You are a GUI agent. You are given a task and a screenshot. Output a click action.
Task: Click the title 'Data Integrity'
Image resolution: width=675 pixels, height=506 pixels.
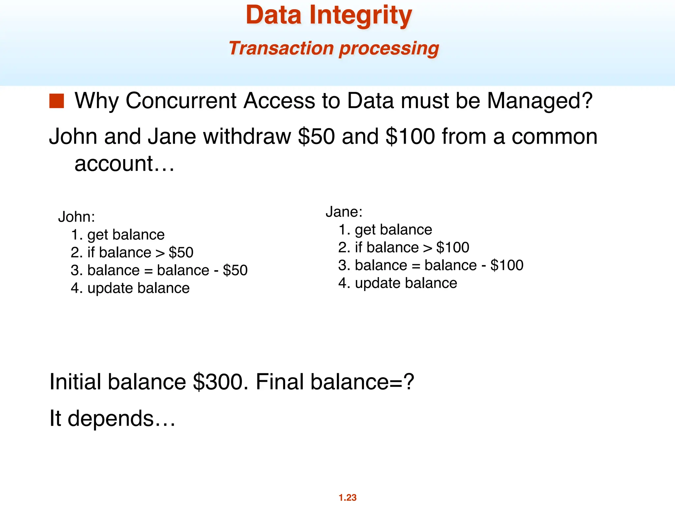pyautogui.click(x=329, y=15)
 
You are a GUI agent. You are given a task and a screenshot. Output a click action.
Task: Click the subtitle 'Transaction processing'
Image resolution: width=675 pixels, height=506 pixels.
pyautogui.click(x=334, y=48)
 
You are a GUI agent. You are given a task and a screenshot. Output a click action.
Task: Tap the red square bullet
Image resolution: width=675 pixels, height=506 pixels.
pyautogui.click(x=56, y=101)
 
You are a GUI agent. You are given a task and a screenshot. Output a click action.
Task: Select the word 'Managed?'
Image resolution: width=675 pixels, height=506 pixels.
pyautogui.click(x=540, y=100)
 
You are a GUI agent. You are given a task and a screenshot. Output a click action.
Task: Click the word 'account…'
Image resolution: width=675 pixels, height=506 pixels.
pyautogui.click(x=124, y=163)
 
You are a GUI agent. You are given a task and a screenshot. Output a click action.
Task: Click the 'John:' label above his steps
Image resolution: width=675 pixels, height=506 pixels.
pyautogui.click(x=76, y=217)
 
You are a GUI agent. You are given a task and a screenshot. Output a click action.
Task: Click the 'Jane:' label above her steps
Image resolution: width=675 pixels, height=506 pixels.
pyautogui.click(x=344, y=212)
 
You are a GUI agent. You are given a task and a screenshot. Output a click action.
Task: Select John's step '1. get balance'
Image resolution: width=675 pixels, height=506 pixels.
pyautogui.click(x=118, y=235)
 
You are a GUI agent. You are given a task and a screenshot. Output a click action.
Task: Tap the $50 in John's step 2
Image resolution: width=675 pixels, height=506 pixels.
pyautogui.click(x=181, y=253)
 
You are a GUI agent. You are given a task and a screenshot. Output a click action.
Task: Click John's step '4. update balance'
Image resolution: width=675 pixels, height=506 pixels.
pyautogui.click(x=130, y=288)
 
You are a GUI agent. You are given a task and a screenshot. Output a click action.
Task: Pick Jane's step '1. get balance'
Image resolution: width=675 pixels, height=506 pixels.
pyautogui.click(x=385, y=230)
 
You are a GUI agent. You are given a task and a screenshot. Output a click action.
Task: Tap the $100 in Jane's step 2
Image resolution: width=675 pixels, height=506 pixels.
pyautogui.click(x=453, y=247)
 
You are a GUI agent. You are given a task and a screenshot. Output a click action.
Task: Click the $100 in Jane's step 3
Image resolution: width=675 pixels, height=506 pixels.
pyautogui.click(x=507, y=265)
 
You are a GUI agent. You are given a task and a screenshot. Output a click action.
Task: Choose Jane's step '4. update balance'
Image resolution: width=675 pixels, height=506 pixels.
pyautogui.click(x=397, y=283)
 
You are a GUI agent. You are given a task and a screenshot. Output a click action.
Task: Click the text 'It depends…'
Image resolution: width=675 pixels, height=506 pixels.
pyautogui.click(x=112, y=418)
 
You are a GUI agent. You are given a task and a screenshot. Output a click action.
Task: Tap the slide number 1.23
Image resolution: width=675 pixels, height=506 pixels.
pyautogui.click(x=347, y=497)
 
